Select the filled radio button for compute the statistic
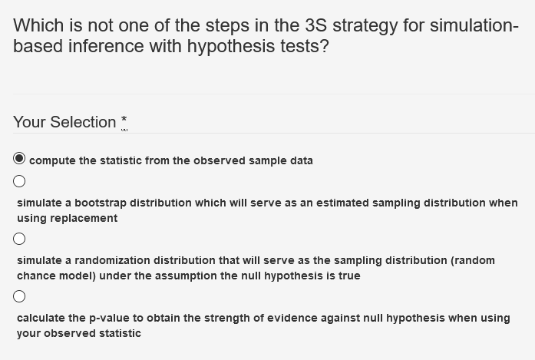point(20,160)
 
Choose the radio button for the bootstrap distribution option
point(20,182)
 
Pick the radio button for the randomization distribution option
point(20,239)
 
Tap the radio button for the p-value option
point(20,296)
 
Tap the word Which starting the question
point(37,25)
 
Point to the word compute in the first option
point(52,160)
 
